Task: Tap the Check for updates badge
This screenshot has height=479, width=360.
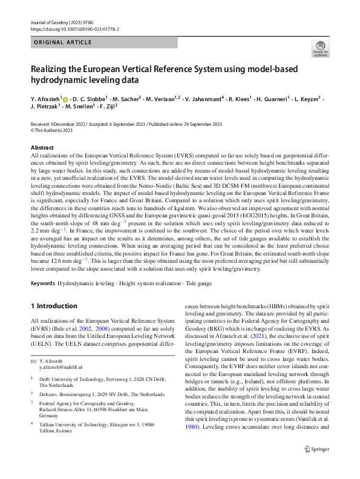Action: point(319,49)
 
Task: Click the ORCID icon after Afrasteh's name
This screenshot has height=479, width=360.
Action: point(65,97)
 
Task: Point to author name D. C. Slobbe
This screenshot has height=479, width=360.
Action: point(90,98)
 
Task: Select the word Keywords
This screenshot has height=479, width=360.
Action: point(44,283)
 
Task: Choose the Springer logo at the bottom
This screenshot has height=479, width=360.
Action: point(315,466)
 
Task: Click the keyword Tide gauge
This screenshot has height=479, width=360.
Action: point(199,283)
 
